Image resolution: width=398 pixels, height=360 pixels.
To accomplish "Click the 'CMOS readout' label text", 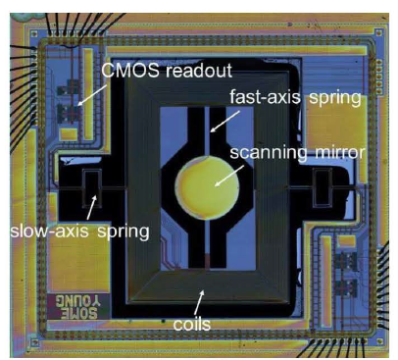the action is click(167, 70).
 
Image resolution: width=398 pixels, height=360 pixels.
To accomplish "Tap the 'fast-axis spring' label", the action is click(295, 97).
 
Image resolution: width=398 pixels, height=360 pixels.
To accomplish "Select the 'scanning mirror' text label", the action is click(297, 153).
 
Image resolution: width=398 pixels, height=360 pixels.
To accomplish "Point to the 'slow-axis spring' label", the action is click(79, 231).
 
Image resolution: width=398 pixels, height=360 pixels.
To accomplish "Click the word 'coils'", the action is click(192, 324).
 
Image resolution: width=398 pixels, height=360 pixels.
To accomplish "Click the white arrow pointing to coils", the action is click(199, 302).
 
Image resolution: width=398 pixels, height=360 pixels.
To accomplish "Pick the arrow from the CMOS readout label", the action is click(93, 95).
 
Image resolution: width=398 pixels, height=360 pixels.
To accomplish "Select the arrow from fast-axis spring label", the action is click(225, 122).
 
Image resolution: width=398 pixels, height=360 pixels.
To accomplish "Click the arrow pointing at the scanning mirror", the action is click(229, 176).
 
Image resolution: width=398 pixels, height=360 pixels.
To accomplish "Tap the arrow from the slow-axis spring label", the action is click(91, 207).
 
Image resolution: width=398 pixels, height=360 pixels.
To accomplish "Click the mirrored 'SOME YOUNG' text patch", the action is click(77, 307).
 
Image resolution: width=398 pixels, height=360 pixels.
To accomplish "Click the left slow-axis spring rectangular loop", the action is click(92, 187).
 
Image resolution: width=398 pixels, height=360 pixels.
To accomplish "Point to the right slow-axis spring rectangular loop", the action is click(322, 187).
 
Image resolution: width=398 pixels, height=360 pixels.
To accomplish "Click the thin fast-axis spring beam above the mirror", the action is click(207, 131).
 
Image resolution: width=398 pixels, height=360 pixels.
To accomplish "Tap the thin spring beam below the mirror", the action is click(207, 242).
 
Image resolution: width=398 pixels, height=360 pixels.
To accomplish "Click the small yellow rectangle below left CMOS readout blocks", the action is click(69, 133).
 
